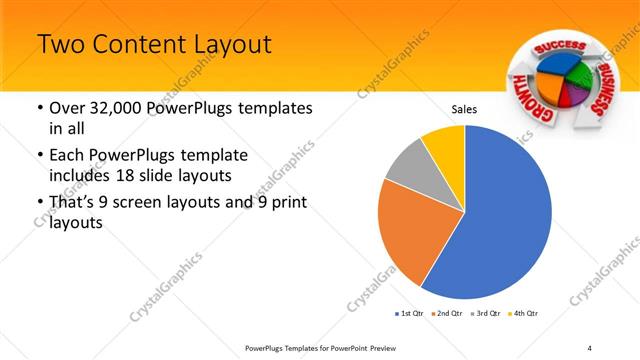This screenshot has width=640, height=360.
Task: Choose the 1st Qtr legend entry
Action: [410, 314]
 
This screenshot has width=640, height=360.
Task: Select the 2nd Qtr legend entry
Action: [447, 314]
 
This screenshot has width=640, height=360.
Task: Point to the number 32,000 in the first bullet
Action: [118, 108]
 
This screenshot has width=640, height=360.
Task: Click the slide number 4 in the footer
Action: [590, 347]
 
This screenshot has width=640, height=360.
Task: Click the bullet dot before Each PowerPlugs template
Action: [39, 156]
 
